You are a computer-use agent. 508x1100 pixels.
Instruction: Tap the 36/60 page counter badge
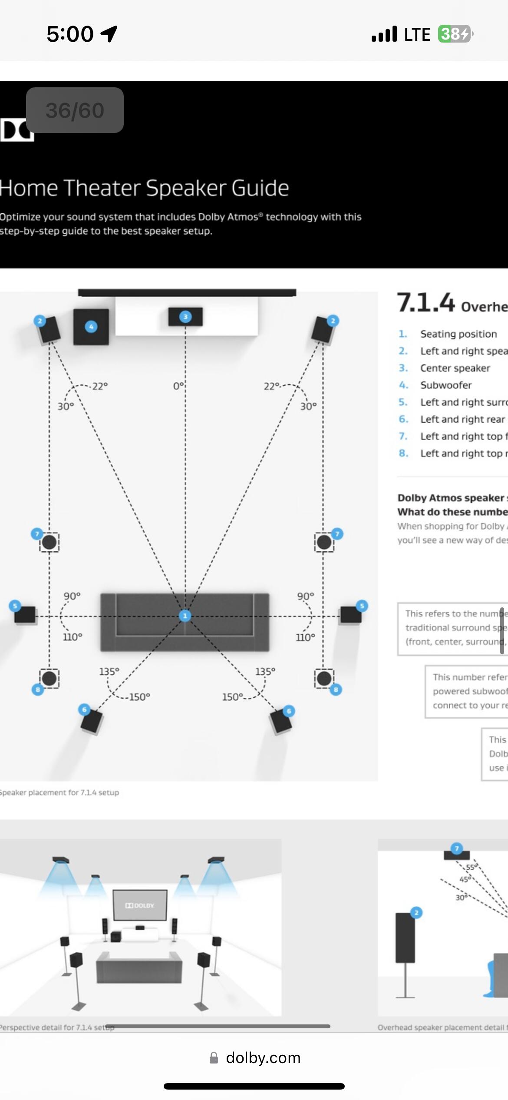click(x=75, y=110)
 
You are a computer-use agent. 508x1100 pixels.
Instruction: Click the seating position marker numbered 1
click(x=185, y=616)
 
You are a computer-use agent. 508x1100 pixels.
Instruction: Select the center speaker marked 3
click(x=185, y=317)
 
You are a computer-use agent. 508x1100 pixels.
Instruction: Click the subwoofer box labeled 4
click(x=91, y=327)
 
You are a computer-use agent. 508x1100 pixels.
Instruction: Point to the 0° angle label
click(x=178, y=386)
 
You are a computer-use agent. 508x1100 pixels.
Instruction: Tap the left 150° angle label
click(x=139, y=697)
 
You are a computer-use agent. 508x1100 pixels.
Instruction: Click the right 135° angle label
click(x=265, y=671)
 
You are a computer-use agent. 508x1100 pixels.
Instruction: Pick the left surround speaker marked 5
click(x=24, y=614)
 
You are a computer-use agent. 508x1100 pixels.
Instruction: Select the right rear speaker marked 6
click(x=280, y=721)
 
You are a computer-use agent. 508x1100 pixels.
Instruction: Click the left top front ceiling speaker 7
click(x=49, y=542)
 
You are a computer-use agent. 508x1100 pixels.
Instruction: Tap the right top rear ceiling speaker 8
click(x=324, y=679)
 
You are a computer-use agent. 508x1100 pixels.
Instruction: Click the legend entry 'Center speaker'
click(x=455, y=368)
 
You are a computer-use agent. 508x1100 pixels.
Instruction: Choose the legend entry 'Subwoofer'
click(x=445, y=385)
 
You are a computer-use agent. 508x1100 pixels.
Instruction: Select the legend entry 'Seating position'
click(x=458, y=334)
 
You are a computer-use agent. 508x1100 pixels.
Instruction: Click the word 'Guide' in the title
click(x=260, y=188)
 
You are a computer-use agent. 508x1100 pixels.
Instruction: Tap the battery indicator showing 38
click(x=455, y=34)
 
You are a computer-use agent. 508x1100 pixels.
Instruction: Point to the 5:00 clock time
click(x=70, y=34)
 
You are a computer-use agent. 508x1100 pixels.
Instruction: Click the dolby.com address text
click(x=263, y=1057)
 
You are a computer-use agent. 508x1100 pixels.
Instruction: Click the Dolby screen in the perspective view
click(x=140, y=905)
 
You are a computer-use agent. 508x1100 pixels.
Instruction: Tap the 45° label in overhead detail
click(x=465, y=879)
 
